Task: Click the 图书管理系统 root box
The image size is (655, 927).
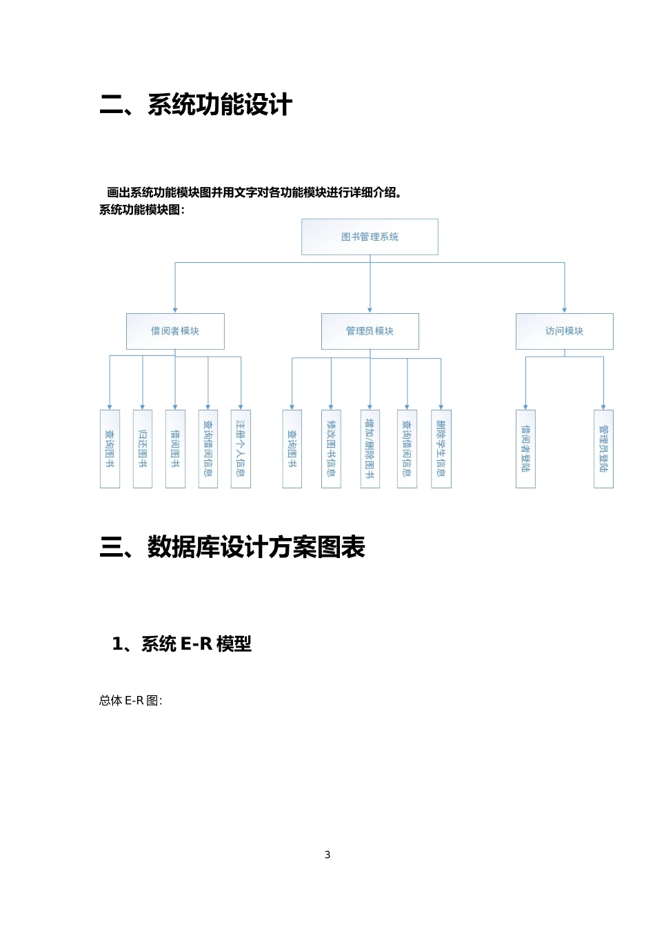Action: point(370,237)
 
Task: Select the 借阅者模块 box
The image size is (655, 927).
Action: point(175,331)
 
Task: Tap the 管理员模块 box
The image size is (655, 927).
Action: point(370,331)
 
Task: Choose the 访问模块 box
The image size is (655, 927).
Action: point(564,331)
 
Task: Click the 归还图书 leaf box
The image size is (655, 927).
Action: point(143,449)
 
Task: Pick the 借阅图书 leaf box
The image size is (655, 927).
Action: point(175,449)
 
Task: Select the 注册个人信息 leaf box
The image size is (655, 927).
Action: point(241,449)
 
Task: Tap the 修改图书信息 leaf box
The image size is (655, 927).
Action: point(331,449)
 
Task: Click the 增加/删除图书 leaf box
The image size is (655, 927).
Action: point(370,449)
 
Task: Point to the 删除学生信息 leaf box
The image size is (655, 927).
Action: point(441,449)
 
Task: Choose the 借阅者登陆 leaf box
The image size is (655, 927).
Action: point(525,449)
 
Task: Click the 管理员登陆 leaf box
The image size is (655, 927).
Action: point(603,449)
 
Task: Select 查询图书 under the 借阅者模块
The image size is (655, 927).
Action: point(110,449)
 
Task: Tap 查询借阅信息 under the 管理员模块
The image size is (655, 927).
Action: point(407,449)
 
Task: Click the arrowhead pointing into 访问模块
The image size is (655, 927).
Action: point(565,310)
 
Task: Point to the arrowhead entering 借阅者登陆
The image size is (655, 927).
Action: point(525,406)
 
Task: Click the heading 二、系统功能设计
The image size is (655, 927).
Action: point(196,106)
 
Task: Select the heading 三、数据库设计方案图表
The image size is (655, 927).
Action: point(232,548)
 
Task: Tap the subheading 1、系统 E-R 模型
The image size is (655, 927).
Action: point(182,644)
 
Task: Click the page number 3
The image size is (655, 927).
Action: point(327,855)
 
